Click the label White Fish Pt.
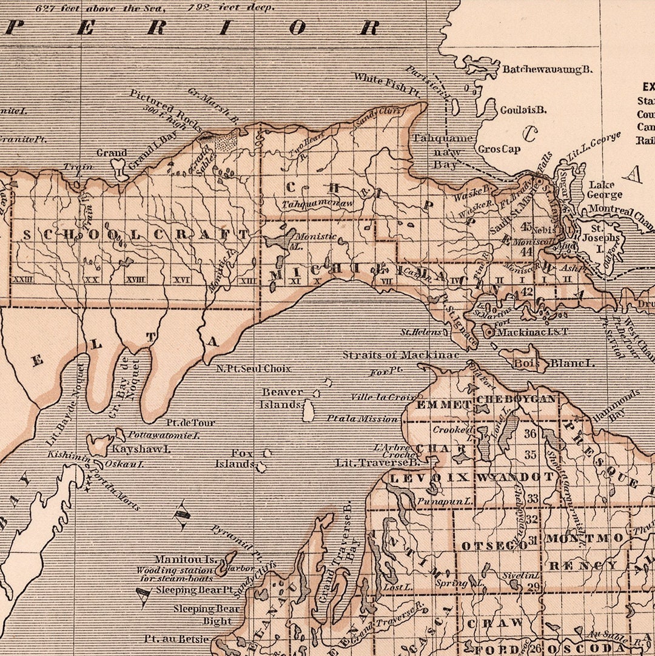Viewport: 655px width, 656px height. pyautogui.click(x=387, y=83)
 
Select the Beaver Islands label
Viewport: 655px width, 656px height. pyautogui.click(x=281, y=399)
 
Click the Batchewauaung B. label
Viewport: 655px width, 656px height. pyautogui.click(x=546, y=70)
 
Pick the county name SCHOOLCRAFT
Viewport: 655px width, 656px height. pyautogui.click(x=136, y=235)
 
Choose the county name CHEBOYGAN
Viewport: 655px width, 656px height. pyautogui.click(x=516, y=399)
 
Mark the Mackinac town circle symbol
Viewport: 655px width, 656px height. pyautogui.click(x=489, y=332)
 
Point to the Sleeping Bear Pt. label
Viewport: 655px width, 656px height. pyautogui.click(x=194, y=590)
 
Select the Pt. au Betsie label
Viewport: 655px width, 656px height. pyautogui.click(x=176, y=639)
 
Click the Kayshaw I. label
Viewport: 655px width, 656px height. pyautogui.click(x=141, y=450)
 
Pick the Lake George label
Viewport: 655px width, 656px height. pyautogui.click(x=604, y=190)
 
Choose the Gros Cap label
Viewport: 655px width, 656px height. pyautogui.click(x=499, y=149)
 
